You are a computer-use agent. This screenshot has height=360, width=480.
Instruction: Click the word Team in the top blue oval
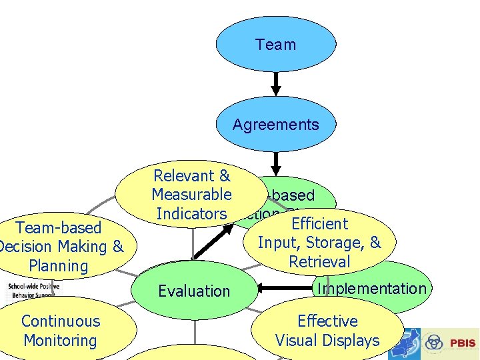click(x=275, y=45)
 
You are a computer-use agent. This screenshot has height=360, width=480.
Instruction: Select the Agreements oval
click(x=275, y=124)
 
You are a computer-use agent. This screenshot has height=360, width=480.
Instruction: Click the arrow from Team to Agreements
click(x=275, y=83)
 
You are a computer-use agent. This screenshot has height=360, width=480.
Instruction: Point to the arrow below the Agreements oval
click(x=275, y=162)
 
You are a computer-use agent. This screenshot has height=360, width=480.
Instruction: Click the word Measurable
click(x=191, y=195)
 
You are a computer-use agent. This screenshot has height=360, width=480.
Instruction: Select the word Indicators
click(x=191, y=214)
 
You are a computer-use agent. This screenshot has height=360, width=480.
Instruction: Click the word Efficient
click(x=320, y=224)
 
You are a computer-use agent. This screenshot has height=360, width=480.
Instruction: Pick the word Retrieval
click(x=319, y=262)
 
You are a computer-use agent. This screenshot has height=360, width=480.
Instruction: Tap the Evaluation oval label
click(x=194, y=291)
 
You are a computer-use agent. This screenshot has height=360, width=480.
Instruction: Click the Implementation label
click(x=371, y=289)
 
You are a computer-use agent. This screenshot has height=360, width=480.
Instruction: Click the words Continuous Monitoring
click(x=61, y=331)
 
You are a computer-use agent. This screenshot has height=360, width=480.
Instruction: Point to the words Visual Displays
click(x=327, y=341)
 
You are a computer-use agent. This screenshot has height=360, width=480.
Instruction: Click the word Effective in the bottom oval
click(x=327, y=321)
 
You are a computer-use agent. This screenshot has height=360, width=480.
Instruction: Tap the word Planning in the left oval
click(x=59, y=266)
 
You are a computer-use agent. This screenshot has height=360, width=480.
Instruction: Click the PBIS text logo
click(x=462, y=343)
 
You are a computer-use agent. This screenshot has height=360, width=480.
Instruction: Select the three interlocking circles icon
click(x=434, y=343)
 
